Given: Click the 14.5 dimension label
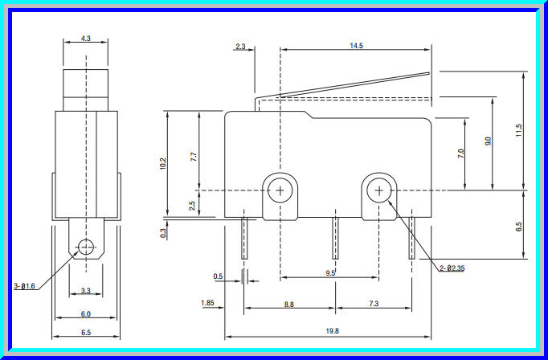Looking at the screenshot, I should click(356, 46).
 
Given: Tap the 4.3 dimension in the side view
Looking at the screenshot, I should click(86, 38).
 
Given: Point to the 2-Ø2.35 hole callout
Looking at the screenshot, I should click(452, 268).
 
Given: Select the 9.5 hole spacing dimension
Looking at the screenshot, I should click(329, 273).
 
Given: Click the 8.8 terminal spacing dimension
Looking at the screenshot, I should click(289, 303).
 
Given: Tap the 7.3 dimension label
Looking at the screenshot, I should click(374, 303).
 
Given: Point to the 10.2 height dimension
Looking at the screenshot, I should click(163, 163).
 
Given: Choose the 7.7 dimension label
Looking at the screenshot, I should click(193, 157).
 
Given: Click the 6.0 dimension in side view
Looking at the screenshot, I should click(86, 314).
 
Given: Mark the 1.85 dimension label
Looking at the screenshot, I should click(207, 303).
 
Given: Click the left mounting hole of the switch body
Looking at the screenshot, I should click(280, 190).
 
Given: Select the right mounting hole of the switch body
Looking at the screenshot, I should click(378, 190).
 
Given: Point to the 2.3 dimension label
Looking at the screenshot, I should click(240, 46).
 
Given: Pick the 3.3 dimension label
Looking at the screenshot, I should click(86, 291).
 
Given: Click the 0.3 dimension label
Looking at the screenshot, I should click(163, 233).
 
